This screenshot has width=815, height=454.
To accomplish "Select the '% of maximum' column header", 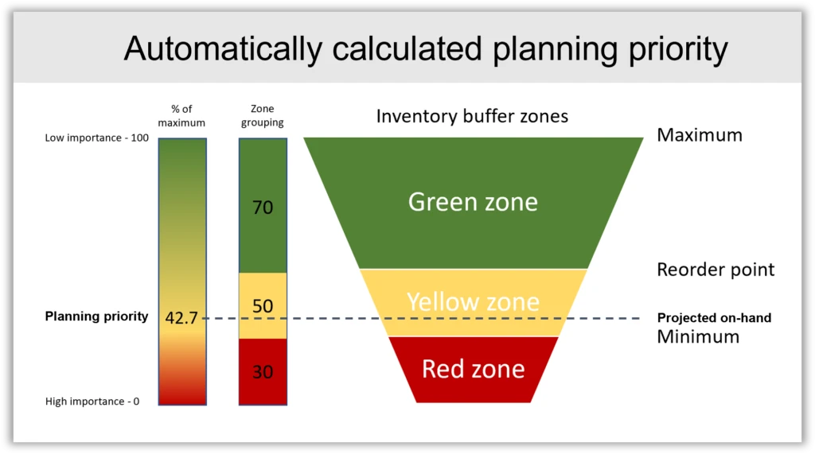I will click(181, 116).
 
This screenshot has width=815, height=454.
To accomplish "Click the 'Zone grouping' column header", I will click(262, 116).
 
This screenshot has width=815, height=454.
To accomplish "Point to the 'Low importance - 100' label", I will click(96, 138).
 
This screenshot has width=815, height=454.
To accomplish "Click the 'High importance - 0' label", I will click(92, 402).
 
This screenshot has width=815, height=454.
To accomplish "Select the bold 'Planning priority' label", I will click(96, 316).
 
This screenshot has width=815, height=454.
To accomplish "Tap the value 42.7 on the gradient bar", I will click(181, 318).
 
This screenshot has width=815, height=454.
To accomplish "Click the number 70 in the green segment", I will click(262, 208).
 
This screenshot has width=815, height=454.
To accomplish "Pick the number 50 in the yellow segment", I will click(262, 306).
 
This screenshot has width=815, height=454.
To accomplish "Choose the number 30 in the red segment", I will click(262, 371).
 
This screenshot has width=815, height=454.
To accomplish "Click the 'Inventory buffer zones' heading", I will click(472, 116).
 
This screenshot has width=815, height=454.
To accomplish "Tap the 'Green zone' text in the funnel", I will click(473, 202).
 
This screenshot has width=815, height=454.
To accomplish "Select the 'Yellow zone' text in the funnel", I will click(473, 301).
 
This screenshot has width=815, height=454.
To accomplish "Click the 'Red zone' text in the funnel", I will click(473, 369).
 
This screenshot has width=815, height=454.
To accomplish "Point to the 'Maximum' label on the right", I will click(699, 135).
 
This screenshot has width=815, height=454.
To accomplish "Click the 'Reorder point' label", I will click(715, 270).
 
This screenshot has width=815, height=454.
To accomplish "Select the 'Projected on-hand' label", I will click(713, 318).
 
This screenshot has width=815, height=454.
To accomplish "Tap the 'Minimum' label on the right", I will click(697, 336).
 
